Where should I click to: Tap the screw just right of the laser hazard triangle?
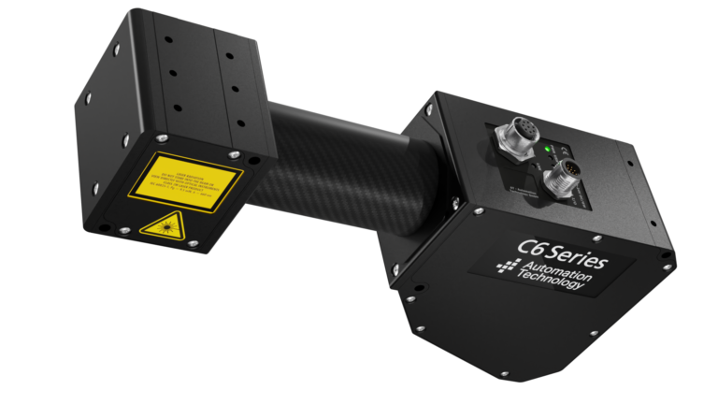click(x=192, y=242)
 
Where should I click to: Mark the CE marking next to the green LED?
click(x=557, y=150)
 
